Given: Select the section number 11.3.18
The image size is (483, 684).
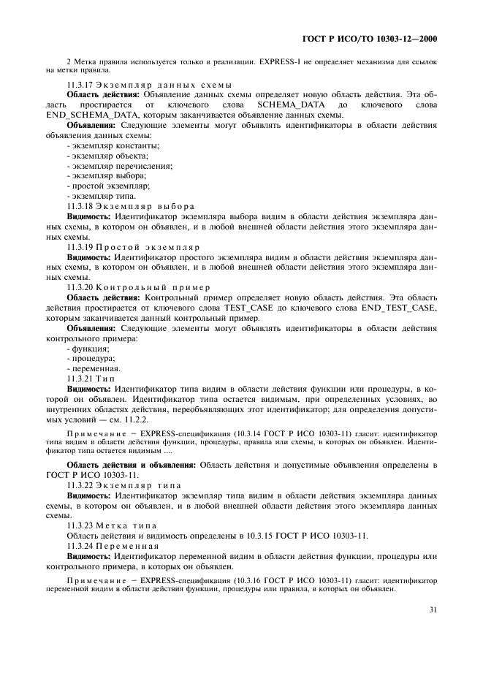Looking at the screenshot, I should [80, 206].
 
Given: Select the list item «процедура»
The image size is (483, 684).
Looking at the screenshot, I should [92, 359].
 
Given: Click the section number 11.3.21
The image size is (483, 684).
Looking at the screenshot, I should [80, 379].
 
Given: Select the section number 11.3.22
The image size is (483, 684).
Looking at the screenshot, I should [80, 484].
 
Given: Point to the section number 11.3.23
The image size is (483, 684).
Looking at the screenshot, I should [80, 525].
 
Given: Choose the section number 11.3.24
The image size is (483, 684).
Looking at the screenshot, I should [80, 545].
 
